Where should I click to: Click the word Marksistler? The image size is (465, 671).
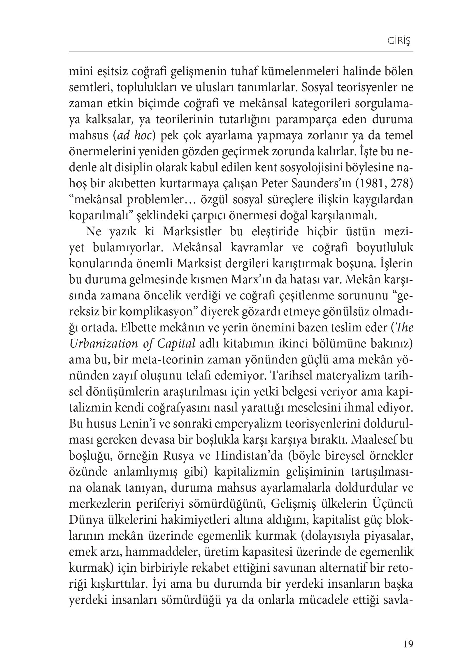click(x=192, y=232)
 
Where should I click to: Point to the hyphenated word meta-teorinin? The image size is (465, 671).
click(x=164, y=360)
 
